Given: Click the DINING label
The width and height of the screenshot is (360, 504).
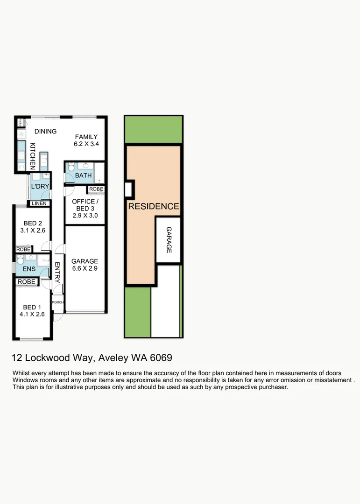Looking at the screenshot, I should click(x=45, y=132).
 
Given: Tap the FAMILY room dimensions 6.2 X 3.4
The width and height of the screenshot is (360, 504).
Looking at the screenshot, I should click(x=86, y=144).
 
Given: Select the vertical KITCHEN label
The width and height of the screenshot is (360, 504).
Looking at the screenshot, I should click(x=33, y=156).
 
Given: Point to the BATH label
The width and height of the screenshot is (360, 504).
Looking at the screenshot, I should click(x=84, y=176).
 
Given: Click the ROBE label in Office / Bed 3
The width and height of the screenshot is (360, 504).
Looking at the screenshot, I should click(x=96, y=189).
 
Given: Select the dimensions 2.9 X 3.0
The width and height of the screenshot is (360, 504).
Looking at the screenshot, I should click(x=85, y=216).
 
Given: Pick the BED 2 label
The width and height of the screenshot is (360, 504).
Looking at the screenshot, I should click(x=33, y=224).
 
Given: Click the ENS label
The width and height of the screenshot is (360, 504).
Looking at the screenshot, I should click(x=29, y=269).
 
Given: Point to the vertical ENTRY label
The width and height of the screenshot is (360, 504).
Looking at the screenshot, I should click(x=57, y=272).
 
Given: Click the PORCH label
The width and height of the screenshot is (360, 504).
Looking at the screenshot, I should click(x=57, y=302).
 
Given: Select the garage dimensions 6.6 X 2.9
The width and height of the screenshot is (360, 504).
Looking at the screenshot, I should click(x=85, y=269).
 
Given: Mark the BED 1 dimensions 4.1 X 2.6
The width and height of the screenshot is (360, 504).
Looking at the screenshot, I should click(x=33, y=315).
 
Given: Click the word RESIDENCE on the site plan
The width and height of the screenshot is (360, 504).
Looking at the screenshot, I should click(x=154, y=206).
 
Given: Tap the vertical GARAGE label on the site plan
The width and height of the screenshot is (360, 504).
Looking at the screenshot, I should click(x=169, y=240).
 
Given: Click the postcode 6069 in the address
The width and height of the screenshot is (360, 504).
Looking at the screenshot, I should click(x=161, y=358).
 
